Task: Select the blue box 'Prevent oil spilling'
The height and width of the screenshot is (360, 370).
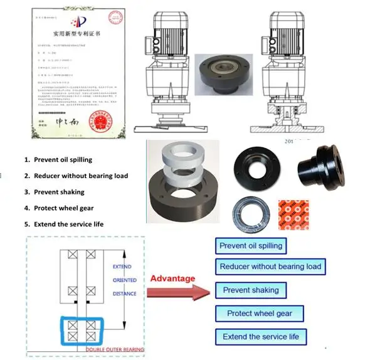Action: tap(249, 245)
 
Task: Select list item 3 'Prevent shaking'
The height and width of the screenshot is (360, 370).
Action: tap(59, 191)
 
